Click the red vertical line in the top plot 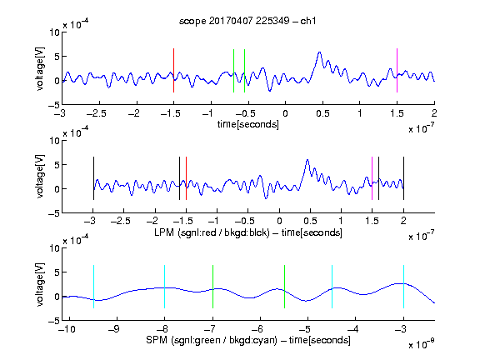(x=173, y=70)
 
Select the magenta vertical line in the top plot (x=397, y=70)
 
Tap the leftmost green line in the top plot (x=233, y=71)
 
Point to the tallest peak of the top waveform (x=320, y=52)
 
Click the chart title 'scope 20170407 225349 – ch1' (x=247, y=21)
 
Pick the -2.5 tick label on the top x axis (x=97, y=113)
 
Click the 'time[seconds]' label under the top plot (x=248, y=124)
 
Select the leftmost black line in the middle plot (x=93, y=178)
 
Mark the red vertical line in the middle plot (x=186, y=178)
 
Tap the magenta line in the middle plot (x=372, y=178)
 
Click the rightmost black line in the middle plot (x=403, y=178)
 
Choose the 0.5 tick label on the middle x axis (x=310, y=221)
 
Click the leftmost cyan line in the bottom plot (x=93, y=287)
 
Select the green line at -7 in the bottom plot (x=212, y=287)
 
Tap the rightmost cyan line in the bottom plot (x=403, y=287)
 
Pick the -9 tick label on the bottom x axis (x=114, y=329)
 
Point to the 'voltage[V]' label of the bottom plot (x=40, y=284)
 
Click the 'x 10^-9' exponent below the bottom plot (x=422, y=343)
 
